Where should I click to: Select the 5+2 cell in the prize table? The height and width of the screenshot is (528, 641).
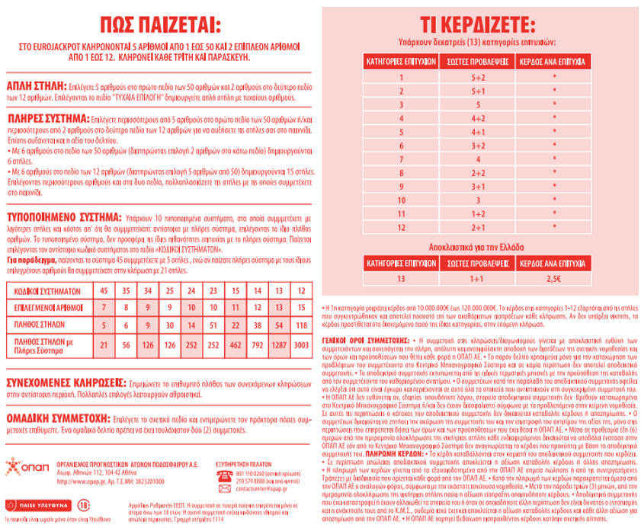(x=478, y=76)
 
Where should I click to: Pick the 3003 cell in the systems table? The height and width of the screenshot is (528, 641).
(x=301, y=345)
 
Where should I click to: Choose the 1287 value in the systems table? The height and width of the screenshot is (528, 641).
(x=280, y=345)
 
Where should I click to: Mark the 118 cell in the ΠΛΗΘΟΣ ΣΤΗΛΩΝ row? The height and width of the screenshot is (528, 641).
(x=301, y=324)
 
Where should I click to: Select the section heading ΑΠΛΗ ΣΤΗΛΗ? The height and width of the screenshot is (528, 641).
(x=36, y=85)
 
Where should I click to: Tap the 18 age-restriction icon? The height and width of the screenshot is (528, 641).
(x=63, y=504)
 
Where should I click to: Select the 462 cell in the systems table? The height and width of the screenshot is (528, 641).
(x=236, y=345)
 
